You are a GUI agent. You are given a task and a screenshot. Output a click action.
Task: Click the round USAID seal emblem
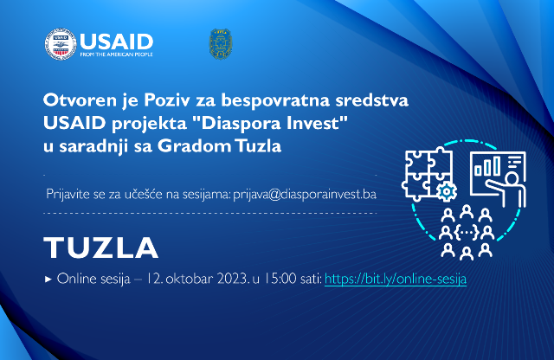point(61,44)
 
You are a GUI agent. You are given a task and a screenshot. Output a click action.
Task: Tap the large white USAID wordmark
point(117,42)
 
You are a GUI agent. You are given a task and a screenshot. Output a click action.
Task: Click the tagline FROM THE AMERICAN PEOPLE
point(116,55)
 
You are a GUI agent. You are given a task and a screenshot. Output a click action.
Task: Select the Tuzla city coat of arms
point(221,44)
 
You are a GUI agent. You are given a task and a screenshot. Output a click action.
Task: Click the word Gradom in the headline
point(194,146)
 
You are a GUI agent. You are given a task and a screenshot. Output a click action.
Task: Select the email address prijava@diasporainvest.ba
point(305,195)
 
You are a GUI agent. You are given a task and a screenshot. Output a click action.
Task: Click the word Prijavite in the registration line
point(68,195)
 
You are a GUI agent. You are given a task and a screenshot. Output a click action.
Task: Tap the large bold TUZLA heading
point(100,247)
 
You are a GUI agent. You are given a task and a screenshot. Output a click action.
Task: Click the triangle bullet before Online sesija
point(48,280)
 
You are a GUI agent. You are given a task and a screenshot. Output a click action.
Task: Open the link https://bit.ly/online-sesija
point(396,280)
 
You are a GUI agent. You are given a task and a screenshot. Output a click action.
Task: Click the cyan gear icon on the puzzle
point(447,191)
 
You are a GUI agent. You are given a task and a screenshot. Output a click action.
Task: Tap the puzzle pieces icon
point(428,174)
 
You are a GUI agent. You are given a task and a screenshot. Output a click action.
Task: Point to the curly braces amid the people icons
point(466,233)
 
